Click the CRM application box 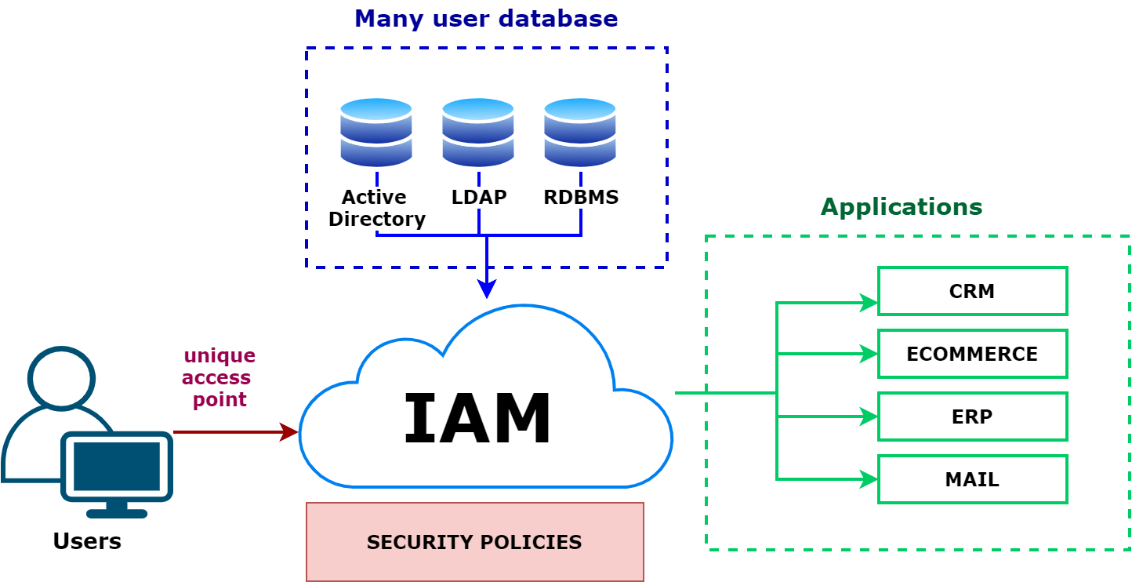pos(972,291)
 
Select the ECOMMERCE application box pos(972,354)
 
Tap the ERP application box pos(972,416)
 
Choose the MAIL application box pos(972,479)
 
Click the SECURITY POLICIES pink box pos(474,542)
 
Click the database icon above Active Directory pos(376,132)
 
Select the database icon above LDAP pos(478,132)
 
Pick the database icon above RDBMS pos(580,132)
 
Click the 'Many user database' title pos(486,18)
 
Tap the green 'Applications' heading pos(901,207)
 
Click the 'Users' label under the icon pos(86,541)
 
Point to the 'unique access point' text pos(219,377)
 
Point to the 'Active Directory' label pos(376,208)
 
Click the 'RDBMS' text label pos(581,197)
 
